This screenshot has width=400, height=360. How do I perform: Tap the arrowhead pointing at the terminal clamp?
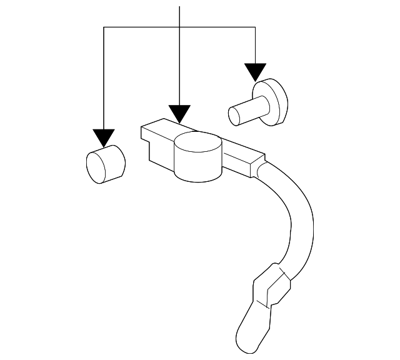[180, 113]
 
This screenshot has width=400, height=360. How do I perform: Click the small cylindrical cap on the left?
[104, 164]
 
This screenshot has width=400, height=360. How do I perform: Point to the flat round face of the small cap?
[96, 167]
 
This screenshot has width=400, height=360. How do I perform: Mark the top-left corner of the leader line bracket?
[104, 27]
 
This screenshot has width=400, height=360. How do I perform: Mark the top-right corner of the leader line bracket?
[255, 27]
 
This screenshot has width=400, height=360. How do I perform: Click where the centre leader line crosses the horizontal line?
[180, 27]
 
